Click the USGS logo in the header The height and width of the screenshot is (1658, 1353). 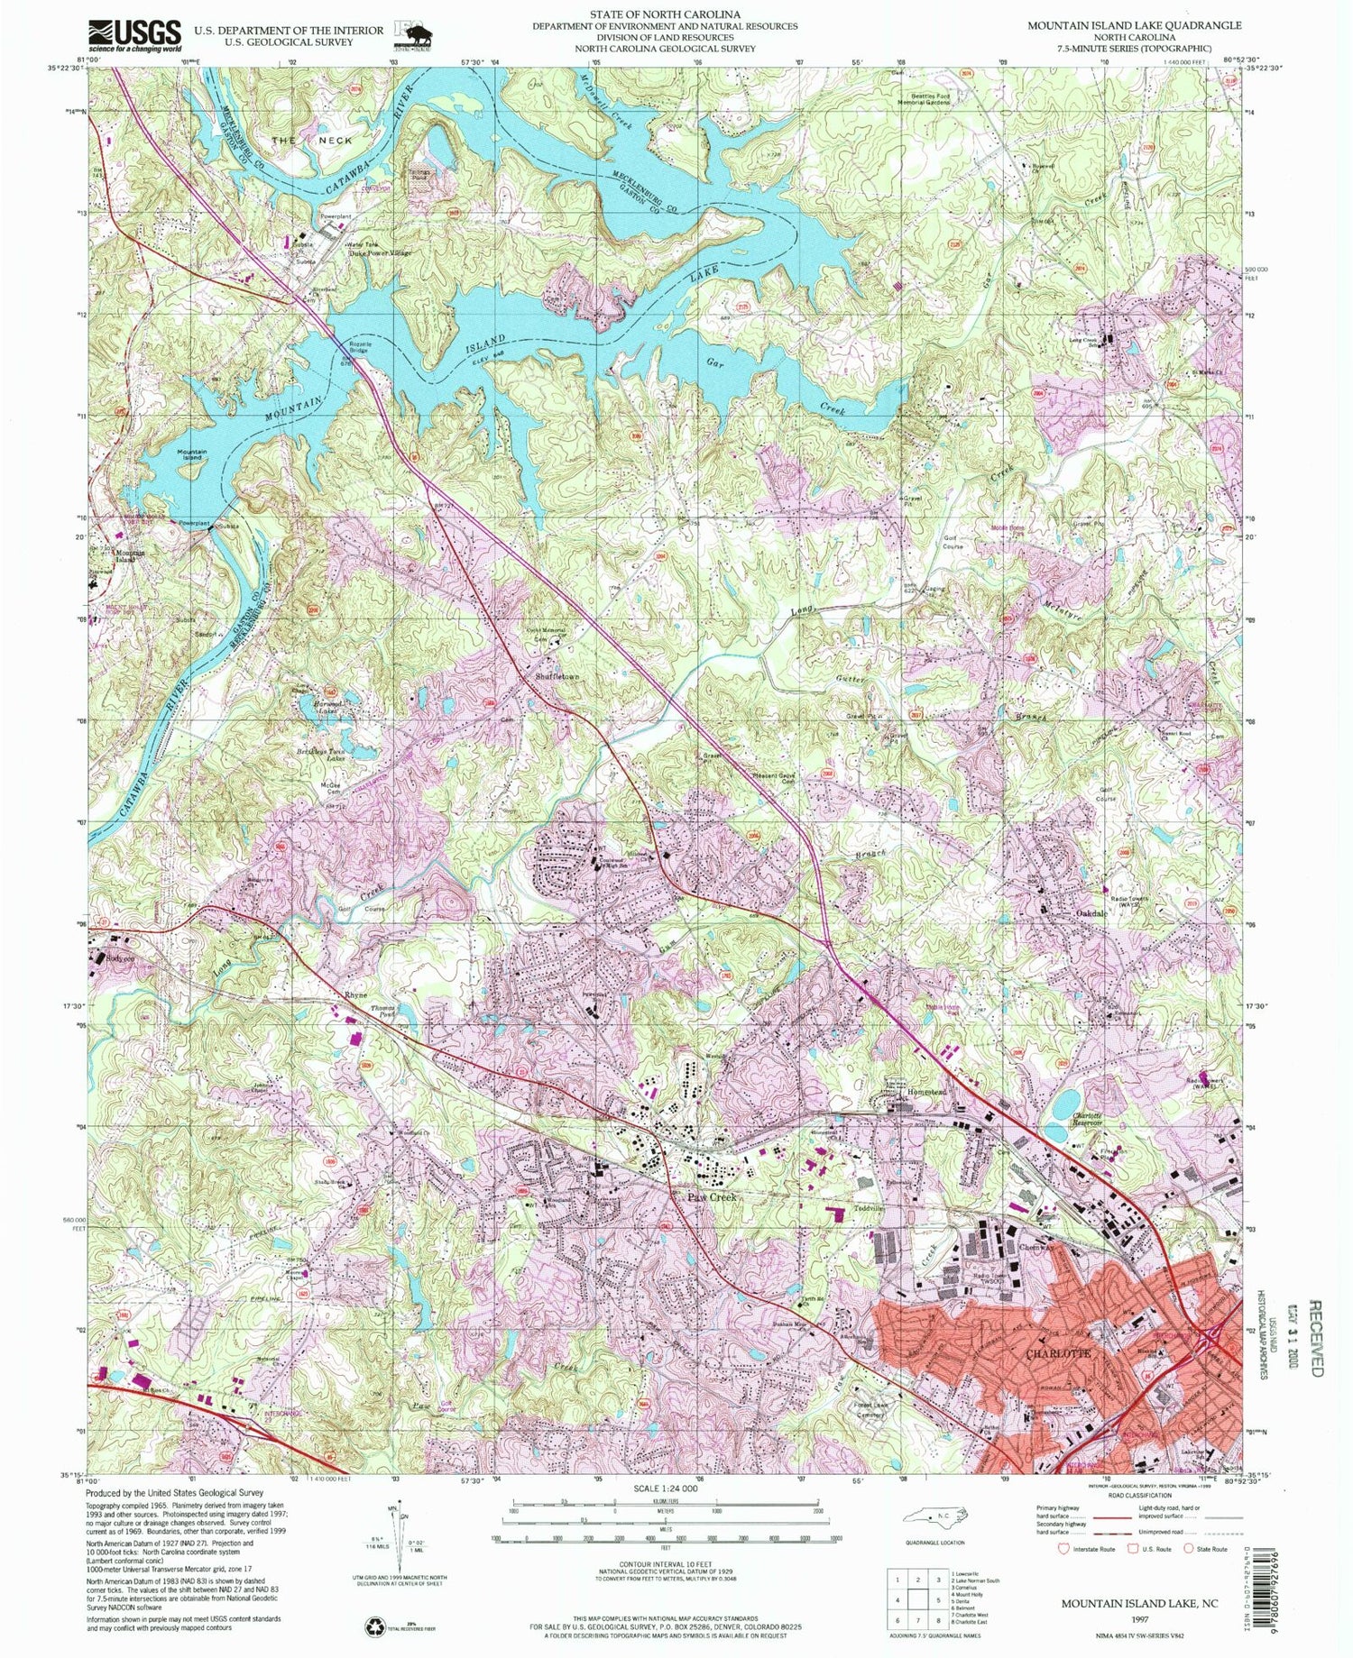(134, 36)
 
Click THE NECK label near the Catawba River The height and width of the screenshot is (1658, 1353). (313, 141)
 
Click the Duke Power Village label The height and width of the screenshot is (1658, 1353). (380, 253)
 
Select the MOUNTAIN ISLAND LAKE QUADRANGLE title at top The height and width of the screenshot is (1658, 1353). (1134, 25)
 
